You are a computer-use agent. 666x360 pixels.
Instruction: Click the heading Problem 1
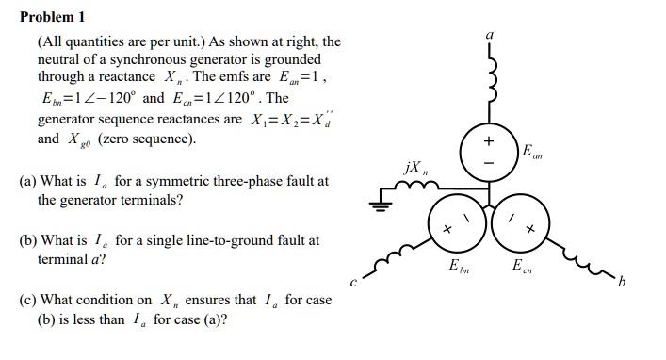[53, 16]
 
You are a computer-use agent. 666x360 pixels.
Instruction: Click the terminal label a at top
[489, 33]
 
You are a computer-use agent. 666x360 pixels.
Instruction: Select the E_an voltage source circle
[489, 151]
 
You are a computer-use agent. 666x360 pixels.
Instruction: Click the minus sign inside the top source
[489, 162]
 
